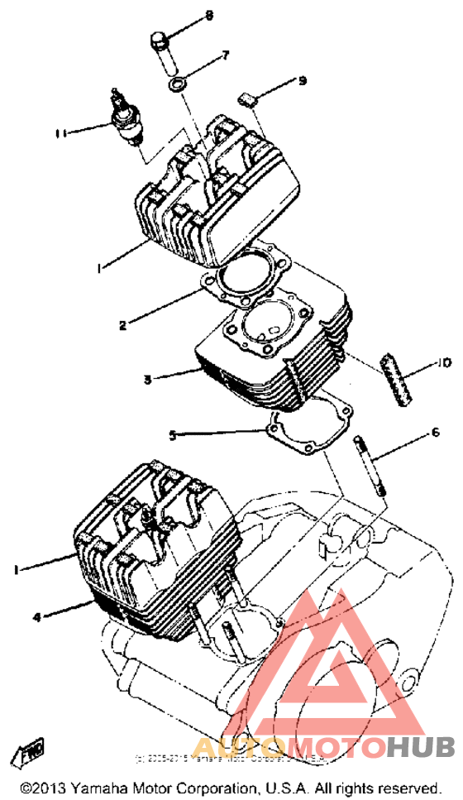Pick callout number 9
coord(302,80)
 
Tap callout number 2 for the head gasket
coord(122,325)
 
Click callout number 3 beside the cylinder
coord(147,379)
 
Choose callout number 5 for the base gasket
coord(172,434)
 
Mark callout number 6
coord(434,432)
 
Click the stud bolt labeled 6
coord(369,467)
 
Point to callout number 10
coord(443,362)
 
